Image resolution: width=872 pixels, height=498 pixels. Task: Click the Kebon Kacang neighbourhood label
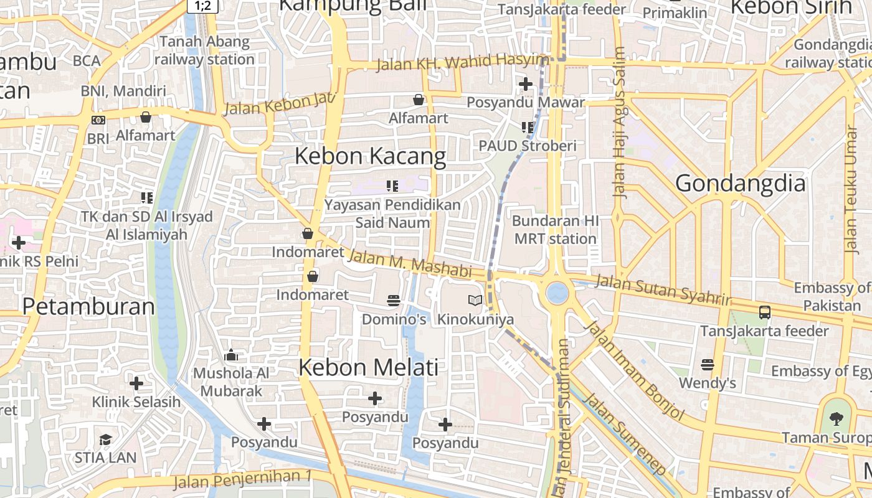(x=370, y=156)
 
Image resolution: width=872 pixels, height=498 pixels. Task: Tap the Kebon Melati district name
(x=369, y=367)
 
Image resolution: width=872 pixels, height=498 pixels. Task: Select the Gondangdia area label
(x=740, y=184)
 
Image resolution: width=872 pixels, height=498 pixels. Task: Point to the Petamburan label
(x=88, y=306)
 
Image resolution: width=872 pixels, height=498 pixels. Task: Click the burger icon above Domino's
(x=393, y=301)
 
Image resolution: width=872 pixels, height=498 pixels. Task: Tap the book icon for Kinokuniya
(x=475, y=301)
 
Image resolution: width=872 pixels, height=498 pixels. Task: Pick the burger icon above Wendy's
(x=707, y=364)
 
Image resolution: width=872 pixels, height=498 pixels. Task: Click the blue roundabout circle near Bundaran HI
(x=557, y=293)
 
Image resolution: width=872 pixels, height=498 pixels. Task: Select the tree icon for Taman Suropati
(x=836, y=418)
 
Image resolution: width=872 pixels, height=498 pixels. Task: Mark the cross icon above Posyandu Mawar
(x=526, y=83)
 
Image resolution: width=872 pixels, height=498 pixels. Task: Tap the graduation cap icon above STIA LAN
(x=105, y=439)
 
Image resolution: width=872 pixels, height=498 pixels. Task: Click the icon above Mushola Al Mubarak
(x=231, y=355)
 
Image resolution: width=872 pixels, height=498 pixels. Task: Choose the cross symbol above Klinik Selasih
(x=136, y=383)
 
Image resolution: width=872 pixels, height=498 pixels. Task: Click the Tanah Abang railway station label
(x=204, y=51)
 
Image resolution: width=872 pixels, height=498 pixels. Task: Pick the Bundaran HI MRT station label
(x=555, y=230)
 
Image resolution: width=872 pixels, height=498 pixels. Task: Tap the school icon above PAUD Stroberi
(x=528, y=127)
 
